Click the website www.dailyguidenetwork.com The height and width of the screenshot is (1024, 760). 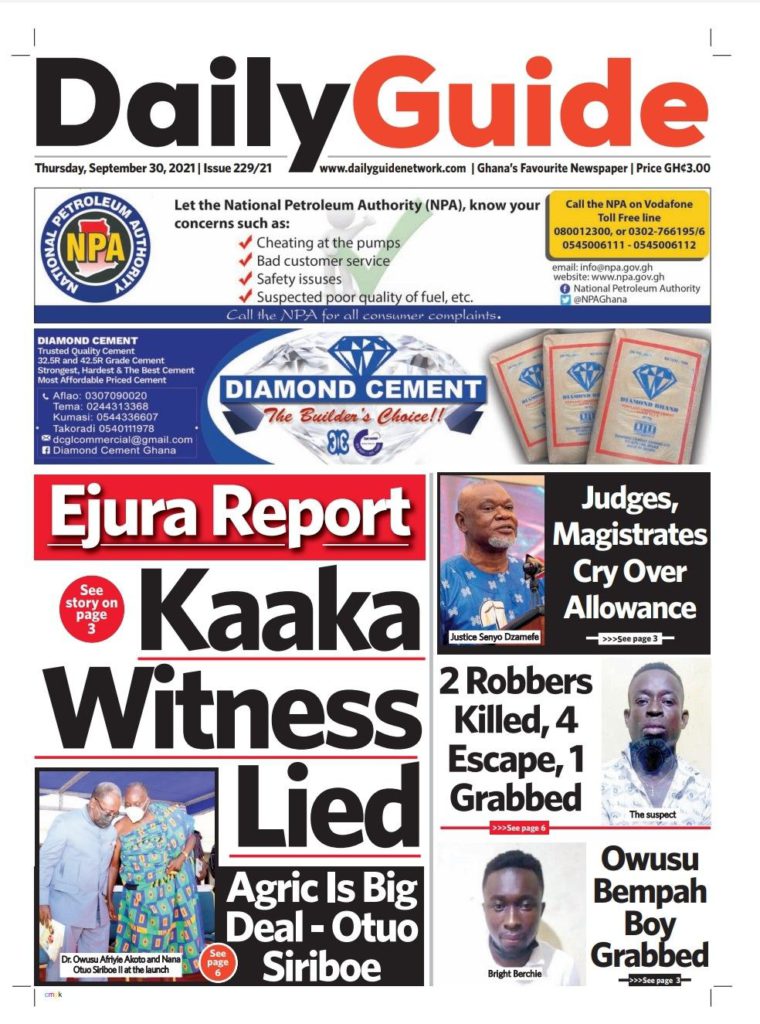click(x=393, y=169)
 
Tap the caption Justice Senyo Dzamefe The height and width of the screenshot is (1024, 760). click(x=491, y=636)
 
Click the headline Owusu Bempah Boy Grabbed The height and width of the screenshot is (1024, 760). click(x=649, y=907)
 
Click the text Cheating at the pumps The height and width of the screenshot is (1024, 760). click(x=328, y=242)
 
